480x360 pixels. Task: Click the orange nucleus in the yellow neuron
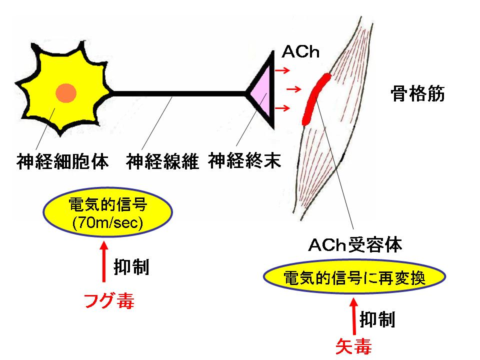pyautogui.click(x=66, y=93)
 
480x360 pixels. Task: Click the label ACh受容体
pyautogui.click(x=355, y=245)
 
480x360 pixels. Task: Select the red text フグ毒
pyautogui.click(x=109, y=300)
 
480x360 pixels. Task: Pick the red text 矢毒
pyautogui.click(x=353, y=346)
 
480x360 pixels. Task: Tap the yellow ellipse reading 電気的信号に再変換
pyautogui.click(x=354, y=278)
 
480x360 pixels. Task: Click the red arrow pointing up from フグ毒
pyautogui.click(x=103, y=264)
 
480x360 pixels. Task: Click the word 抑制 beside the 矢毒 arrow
pyautogui.click(x=378, y=319)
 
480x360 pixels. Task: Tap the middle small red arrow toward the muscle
pyautogui.click(x=295, y=89)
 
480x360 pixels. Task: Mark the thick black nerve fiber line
pyautogui.click(x=180, y=93)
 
